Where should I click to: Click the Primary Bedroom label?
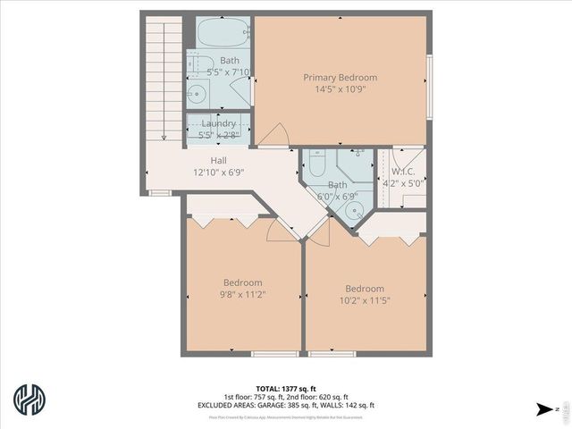pyautogui.click(x=340, y=77)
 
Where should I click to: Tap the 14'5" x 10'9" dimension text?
pyautogui.click(x=340, y=89)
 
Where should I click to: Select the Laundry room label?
pyautogui.click(x=218, y=123)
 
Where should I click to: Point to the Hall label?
pyautogui.click(x=218, y=161)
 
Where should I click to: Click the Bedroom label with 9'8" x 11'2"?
pyautogui.click(x=243, y=282)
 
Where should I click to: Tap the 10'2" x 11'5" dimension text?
pyautogui.click(x=365, y=301)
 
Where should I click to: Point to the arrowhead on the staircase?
pyautogui.click(x=164, y=137)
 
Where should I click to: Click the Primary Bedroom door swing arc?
pyautogui.click(x=272, y=134)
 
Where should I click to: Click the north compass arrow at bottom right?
pyautogui.click(x=543, y=410)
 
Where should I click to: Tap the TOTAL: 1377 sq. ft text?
pyautogui.click(x=286, y=388)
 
